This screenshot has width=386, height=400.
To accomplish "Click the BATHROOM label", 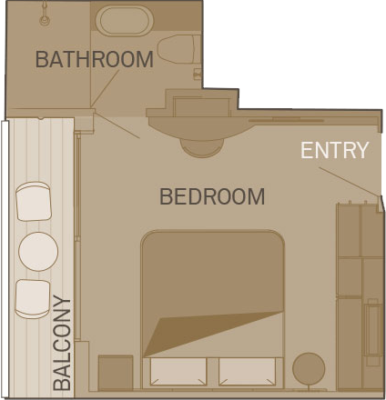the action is coord(95,59).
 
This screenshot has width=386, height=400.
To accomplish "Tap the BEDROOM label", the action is coord(212,196).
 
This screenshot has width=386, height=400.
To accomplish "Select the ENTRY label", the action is coord(334,150).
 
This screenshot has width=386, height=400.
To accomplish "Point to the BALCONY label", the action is coord(62,344).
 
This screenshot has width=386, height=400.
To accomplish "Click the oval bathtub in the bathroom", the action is coord(125,20).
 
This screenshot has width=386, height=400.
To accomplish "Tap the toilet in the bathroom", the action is coord(179,49).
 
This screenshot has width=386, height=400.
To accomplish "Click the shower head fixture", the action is coord(45,15).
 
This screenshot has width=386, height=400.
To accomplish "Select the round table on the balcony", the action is coord(38,252).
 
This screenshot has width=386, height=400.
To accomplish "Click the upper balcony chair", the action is coord(34,201).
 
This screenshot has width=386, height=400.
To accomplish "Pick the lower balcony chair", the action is coord(33,299).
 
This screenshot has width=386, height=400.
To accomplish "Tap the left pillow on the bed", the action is coord(178,372).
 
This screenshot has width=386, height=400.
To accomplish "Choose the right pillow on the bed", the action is coord(247,372).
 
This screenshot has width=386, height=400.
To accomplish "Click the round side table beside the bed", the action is coord(309,369).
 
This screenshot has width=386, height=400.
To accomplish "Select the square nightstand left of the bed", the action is coord(116,373).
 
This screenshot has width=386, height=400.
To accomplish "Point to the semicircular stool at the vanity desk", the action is coord(202,148).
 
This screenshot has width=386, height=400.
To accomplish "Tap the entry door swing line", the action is coord(349,182).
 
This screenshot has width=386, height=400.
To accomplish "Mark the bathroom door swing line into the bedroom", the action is coord(117,126).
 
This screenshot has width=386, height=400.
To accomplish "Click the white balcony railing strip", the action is coord(5,259).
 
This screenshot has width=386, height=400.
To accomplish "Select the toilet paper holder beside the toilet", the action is coord(198,74).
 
